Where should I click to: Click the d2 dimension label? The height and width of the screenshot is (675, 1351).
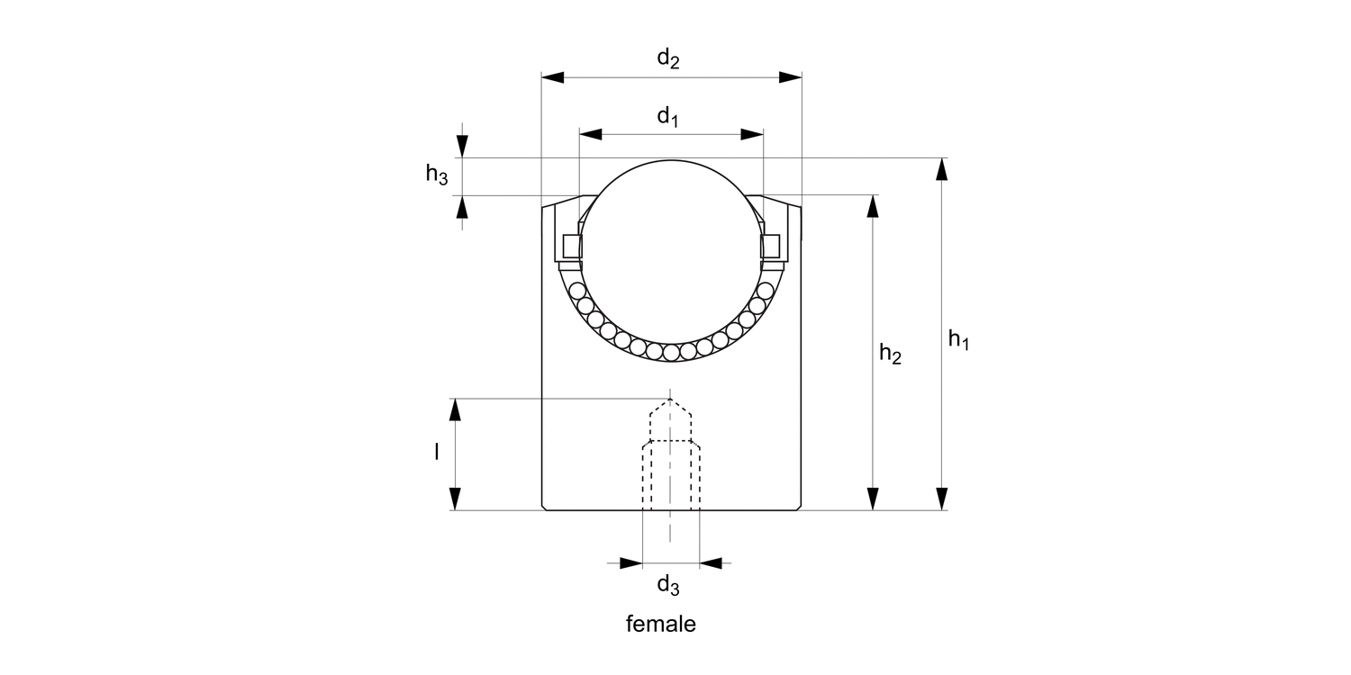667,60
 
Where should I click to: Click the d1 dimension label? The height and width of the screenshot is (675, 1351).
667,117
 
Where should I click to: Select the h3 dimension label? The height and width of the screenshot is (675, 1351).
437,175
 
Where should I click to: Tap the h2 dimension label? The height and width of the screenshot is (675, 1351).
891,355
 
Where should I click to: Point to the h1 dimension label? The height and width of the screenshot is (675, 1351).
958,340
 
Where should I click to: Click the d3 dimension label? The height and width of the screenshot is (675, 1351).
667,586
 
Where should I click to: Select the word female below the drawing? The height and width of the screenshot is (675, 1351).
661,624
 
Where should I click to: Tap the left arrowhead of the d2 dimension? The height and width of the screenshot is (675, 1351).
552,77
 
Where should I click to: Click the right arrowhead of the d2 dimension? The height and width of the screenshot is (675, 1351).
790,77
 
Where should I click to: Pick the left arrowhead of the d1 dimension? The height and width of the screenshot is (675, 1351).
590,134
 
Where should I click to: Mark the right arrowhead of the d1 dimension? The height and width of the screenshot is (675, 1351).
752,134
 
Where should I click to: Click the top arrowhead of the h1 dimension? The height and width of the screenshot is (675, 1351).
942,170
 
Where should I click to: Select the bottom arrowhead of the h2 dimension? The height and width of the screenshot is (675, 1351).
872,499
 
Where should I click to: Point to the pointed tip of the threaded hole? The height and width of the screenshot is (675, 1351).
670,400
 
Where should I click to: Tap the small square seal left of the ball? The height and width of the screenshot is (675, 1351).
571,245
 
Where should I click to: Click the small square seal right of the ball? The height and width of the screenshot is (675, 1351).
771,245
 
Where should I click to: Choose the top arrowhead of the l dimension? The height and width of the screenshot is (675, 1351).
456,410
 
